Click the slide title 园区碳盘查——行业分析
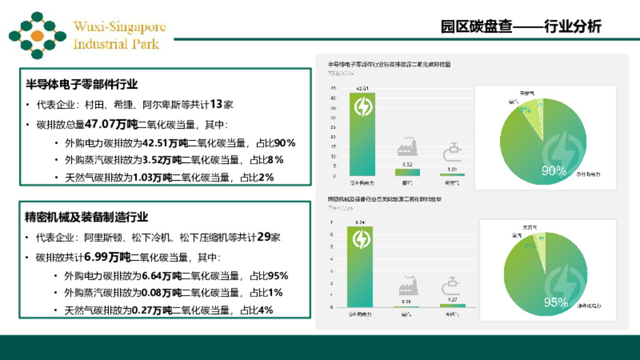(x=521, y=27)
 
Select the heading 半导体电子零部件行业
(x=81, y=84)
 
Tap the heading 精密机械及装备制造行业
(x=86, y=217)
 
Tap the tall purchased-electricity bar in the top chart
(x=362, y=134)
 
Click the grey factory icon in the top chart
(x=407, y=147)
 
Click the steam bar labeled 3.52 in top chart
(x=407, y=172)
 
